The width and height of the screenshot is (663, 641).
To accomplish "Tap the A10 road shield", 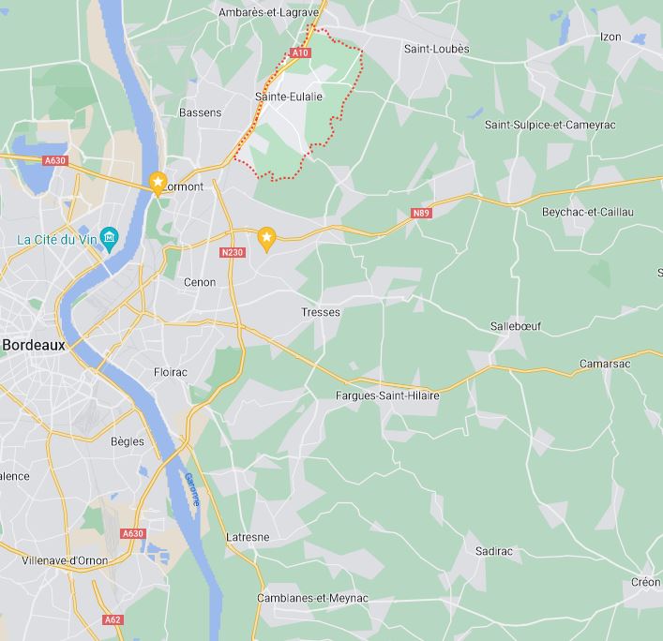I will pos(299,53).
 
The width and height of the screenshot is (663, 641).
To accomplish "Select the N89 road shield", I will pos(421,215).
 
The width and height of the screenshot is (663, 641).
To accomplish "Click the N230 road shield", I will pos(232,253).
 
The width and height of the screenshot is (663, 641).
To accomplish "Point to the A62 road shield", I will pos(113,619).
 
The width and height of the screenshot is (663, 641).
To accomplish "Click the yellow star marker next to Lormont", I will pos(158,181).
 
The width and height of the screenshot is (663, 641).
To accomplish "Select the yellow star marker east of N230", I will pos(266,239).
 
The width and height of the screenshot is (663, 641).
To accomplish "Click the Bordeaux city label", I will pos(34,345).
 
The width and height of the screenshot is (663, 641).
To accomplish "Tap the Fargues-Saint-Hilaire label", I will pos(387,395).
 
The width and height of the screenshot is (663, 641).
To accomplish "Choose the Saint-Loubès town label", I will pos(436,49).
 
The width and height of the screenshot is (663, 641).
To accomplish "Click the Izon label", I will pos(610,37).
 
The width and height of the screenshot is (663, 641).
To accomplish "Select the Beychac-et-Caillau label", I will pos(588,212).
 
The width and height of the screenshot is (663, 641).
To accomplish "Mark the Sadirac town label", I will pos(494,552).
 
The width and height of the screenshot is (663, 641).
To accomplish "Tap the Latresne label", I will pos(248,537).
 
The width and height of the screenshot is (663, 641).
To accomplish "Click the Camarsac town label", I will pos(605,364).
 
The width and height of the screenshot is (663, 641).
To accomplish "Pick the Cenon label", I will pos(200,282).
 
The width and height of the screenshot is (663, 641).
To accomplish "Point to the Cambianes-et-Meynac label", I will pos(312,598).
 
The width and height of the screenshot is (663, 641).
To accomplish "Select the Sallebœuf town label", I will pos(516,326).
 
